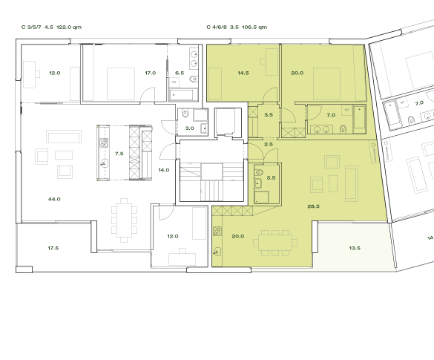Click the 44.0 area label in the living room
[53, 200]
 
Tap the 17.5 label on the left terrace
[53, 248]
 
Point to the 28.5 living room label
[313, 206]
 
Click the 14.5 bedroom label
[243, 73]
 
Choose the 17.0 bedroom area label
[150, 73]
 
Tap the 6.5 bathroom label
[180, 73]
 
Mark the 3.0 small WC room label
[189, 128]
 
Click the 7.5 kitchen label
[119, 154]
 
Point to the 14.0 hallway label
[163, 170]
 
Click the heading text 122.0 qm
[69, 26]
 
